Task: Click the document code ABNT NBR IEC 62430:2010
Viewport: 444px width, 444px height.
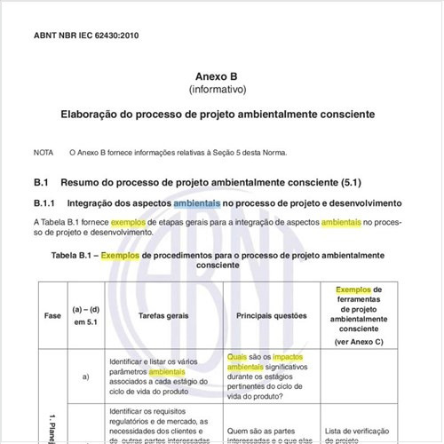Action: pos(85,36)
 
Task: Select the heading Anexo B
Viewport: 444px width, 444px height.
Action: pos(222,76)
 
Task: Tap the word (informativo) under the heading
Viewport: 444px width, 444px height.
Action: pos(222,90)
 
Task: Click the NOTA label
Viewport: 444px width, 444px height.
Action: pos(44,153)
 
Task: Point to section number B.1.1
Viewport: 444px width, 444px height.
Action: pos(45,203)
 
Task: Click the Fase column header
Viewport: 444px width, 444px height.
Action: pos(52,315)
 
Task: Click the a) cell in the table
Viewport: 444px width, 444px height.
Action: pos(86,377)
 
